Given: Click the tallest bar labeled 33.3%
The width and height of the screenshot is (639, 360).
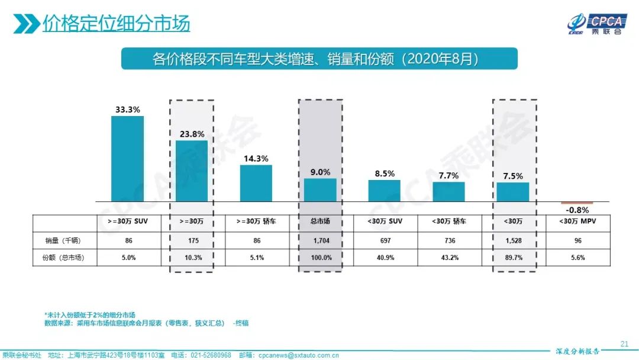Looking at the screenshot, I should point(127,159).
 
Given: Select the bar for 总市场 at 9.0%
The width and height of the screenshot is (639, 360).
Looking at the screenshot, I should point(320,190).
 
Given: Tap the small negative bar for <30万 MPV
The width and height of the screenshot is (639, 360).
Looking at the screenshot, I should point(577,203).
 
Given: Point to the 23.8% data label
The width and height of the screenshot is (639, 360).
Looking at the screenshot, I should point(192,134).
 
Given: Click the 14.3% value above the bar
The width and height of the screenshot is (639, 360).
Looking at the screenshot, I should point(256,158).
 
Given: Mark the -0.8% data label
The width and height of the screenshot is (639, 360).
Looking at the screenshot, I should point(577,210).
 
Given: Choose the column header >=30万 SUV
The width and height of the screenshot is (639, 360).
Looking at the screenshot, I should point(127,221).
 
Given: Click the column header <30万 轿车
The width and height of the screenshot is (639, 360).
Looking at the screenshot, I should point(448,221).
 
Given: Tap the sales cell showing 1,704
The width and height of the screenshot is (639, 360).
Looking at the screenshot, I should point(320,240).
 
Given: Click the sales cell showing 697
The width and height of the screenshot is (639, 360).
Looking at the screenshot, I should point(384,240).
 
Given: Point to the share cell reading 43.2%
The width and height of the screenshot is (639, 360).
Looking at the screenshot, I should point(448,258).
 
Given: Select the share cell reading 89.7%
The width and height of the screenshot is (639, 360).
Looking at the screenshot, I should point(513,258).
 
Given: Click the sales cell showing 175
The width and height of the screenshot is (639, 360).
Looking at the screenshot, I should point(192,240).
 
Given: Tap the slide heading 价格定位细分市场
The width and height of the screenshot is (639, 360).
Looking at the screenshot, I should point(116,24).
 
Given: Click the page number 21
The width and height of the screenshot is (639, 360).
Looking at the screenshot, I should point(624,343).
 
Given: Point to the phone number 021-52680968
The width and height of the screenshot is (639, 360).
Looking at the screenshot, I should point(209,355).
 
